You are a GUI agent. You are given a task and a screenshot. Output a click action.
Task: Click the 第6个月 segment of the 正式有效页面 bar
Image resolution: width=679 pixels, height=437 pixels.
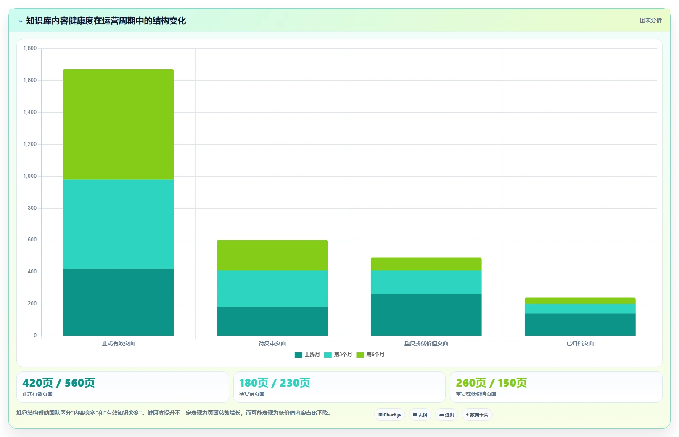[x=118, y=124]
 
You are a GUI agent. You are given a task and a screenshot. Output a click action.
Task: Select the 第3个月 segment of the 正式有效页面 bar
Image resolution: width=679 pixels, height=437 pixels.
[x=118, y=224]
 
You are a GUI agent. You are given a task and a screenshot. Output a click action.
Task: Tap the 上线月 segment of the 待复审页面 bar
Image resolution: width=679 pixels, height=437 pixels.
[x=272, y=321]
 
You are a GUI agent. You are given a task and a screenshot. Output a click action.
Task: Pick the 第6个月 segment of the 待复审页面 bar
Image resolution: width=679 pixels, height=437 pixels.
[x=272, y=255]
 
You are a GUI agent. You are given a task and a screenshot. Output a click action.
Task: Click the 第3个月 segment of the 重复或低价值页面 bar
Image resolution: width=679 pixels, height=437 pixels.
[x=426, y=282]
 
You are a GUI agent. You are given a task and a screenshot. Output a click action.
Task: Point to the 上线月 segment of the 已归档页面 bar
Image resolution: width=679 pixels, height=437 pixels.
[x=580, y=324]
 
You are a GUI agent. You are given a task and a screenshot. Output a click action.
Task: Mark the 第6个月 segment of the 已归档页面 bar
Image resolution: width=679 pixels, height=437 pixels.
[x=580, y=301]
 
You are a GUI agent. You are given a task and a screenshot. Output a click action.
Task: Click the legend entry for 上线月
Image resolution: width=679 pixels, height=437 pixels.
[x=307, y=355]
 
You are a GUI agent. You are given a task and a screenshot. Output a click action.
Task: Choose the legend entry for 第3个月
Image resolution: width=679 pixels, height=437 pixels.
[x=338, y=355]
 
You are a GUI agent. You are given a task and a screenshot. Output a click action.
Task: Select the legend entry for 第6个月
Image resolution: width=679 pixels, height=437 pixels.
[x=370, y=355]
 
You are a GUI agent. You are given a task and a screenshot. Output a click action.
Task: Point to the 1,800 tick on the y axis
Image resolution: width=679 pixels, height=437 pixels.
[x=30, y=48]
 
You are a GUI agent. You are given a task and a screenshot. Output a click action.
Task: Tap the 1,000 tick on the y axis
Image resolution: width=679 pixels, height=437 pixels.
[x=30, y=176]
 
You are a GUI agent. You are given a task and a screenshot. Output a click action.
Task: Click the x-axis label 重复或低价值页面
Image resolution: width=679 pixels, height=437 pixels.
[x=426, y=343]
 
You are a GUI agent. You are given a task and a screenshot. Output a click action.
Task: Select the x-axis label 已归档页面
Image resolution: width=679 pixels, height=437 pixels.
[x=580, y=343]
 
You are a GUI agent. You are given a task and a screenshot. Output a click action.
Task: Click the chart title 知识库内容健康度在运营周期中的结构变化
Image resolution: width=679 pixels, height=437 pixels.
[x=106, y=21]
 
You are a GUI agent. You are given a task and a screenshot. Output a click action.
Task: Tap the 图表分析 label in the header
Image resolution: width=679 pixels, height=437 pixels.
[x=650, y=20]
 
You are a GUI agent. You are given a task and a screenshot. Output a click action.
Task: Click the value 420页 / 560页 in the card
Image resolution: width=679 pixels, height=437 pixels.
[x=58, y=383]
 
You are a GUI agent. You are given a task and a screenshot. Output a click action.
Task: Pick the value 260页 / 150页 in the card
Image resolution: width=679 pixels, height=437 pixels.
[x=491, y=383]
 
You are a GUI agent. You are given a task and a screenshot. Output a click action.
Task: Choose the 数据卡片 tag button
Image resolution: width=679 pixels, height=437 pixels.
[x=477, y=415]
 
